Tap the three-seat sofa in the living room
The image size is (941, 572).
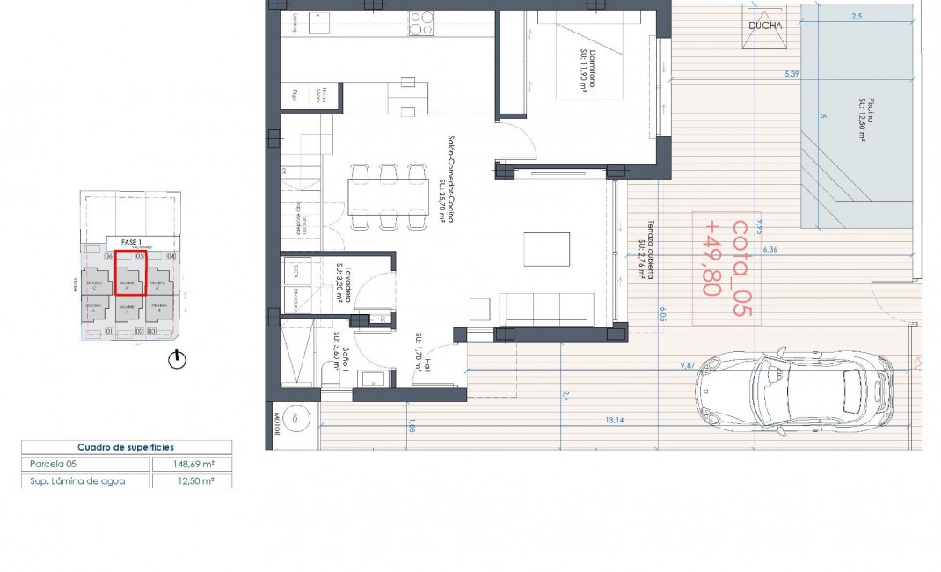pyautogui.click(x=550, y=307)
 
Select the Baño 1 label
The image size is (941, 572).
pyautogui.click(x=343, y=359)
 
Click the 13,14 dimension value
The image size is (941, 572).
pyautogui.click(x=615, y=421)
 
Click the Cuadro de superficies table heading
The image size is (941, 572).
pyautogui.click(x=126, y=446)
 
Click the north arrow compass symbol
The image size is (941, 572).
pyautogui.click(x=179, y=359)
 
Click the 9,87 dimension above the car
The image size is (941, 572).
pyautogui.click(x=687, y=364)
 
